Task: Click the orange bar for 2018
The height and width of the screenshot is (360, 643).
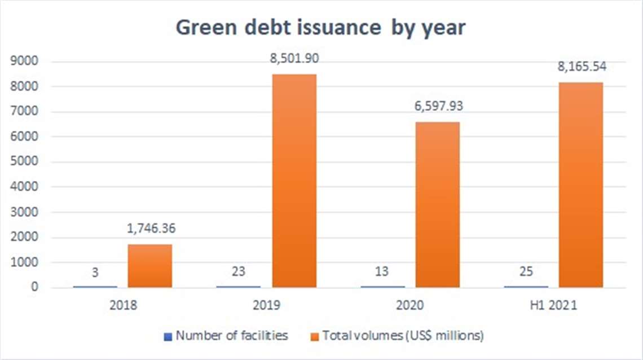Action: click(x=149, y=266)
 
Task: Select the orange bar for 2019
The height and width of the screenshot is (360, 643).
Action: click(x=293, y=181)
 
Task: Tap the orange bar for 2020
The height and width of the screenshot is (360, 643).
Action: click(x=437, y=205)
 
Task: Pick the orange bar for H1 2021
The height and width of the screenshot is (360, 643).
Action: click(x=580, y=185)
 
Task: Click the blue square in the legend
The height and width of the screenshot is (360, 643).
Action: click(x=167, y=336)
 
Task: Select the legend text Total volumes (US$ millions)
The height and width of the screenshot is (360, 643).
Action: click(x=403, y=336)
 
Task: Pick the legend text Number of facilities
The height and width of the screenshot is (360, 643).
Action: click(x=231, y=336)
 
